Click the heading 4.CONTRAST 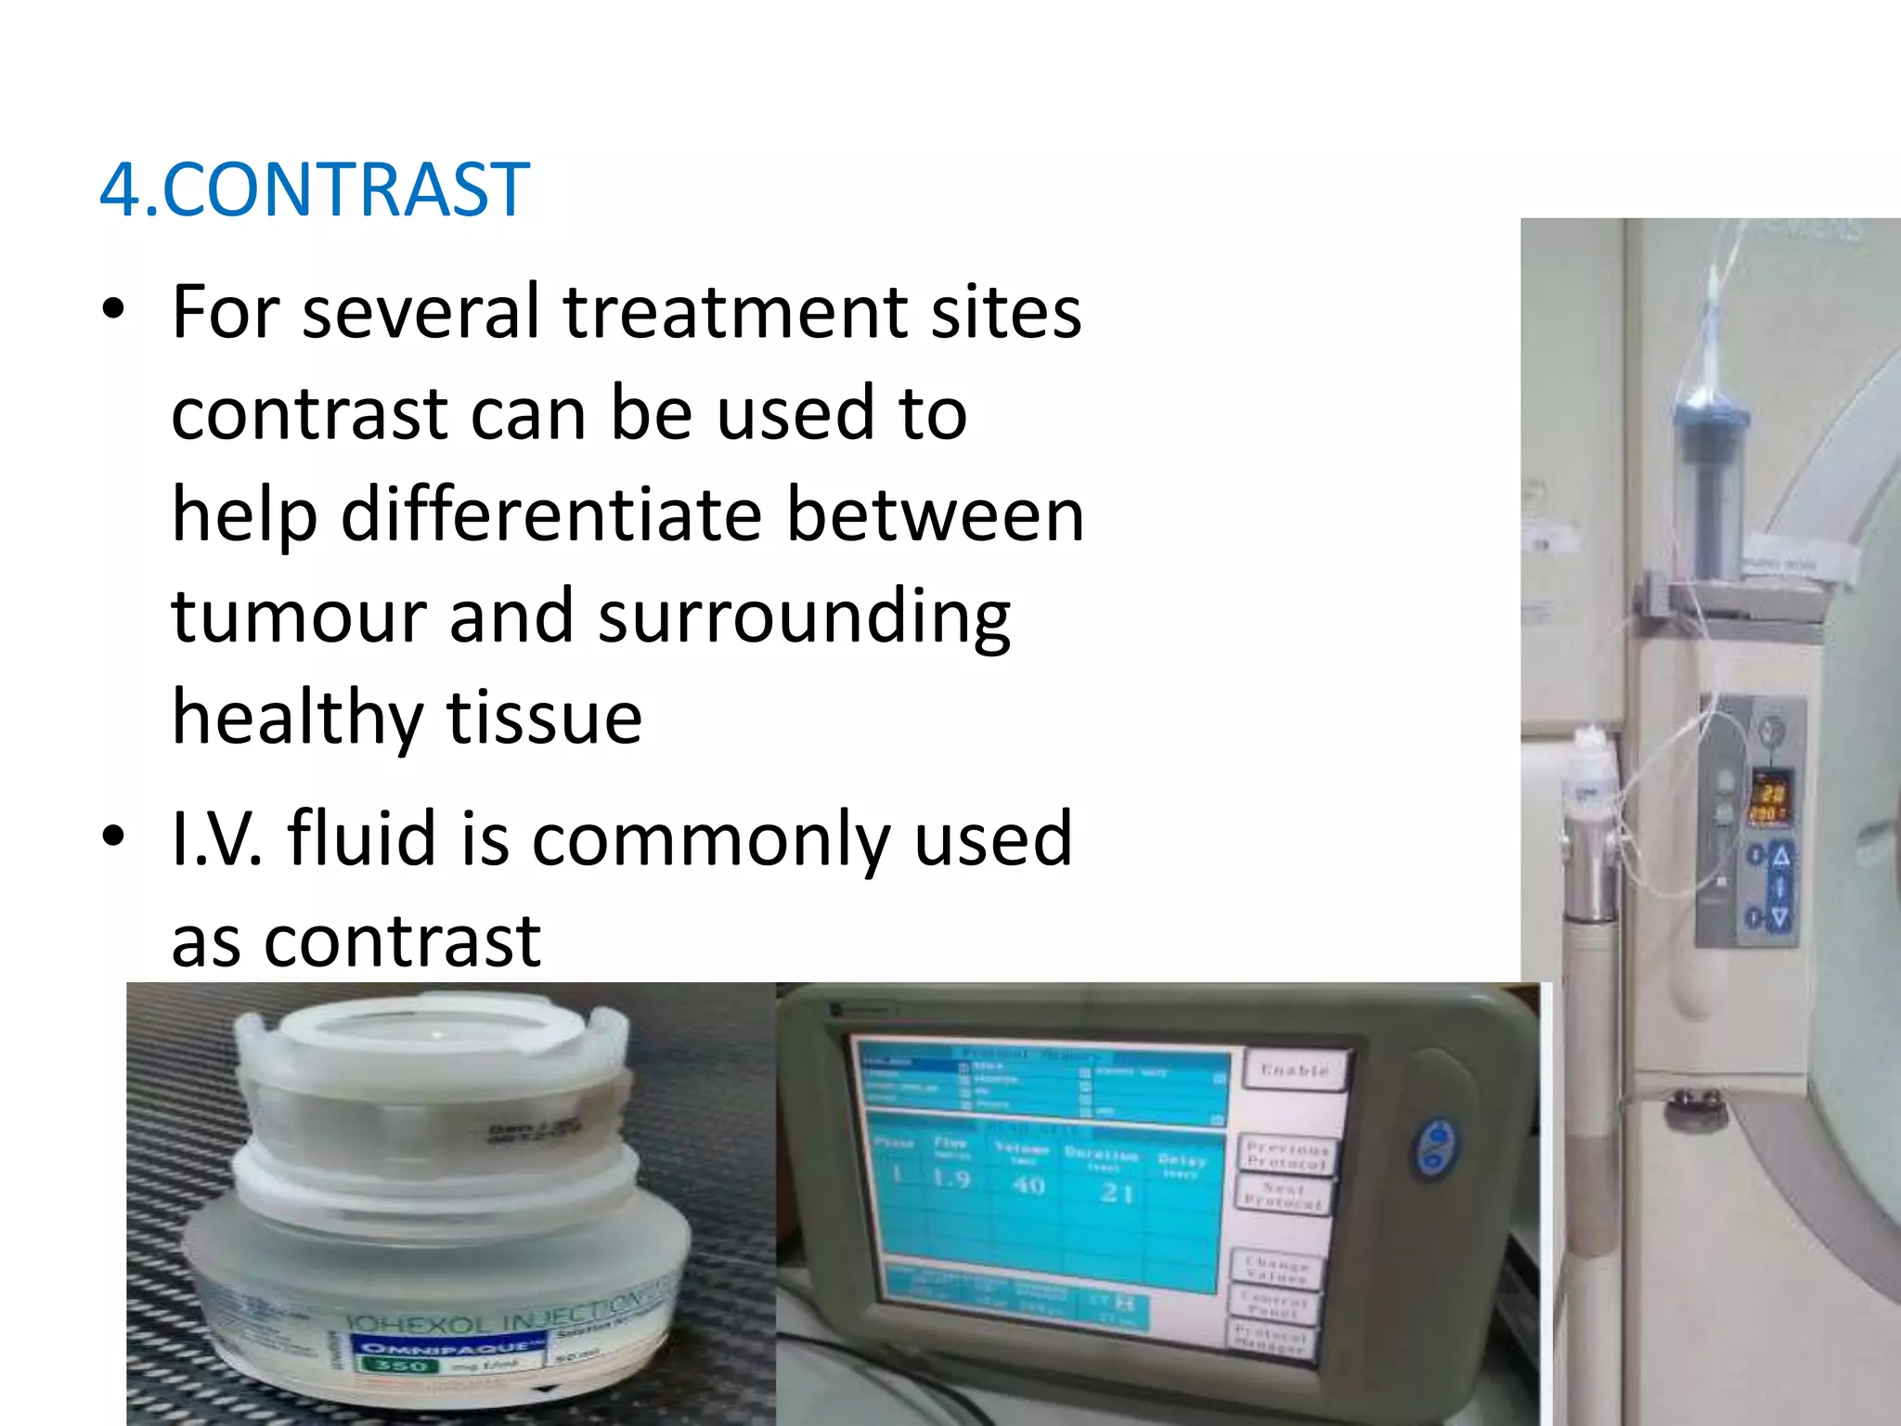(315, 190)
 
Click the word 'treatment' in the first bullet (734, 312)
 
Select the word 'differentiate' (551, 515)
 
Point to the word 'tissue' (544, 719)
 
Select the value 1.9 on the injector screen (951, 1179)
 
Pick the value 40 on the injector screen (1028, 1186)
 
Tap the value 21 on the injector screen (1117, 1193)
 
